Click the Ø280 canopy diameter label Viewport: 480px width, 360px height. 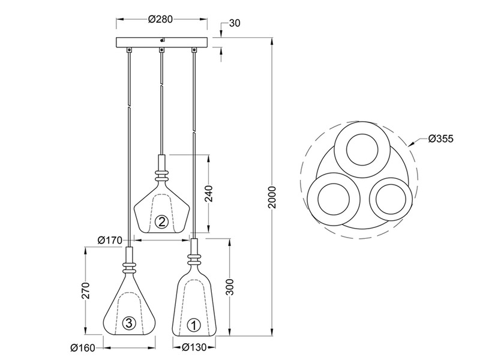click(x=160, y=19)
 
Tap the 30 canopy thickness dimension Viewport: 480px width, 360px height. click(x=234, y=23)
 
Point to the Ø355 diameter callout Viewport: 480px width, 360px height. click(x=440, y=139)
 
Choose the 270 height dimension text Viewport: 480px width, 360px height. click(x=86, y=290)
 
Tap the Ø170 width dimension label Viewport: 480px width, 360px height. click(x=110, y=240)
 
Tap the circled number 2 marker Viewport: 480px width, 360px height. click(x=161, y=222)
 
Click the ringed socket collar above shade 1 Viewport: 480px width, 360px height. click(x=193, y=260)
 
